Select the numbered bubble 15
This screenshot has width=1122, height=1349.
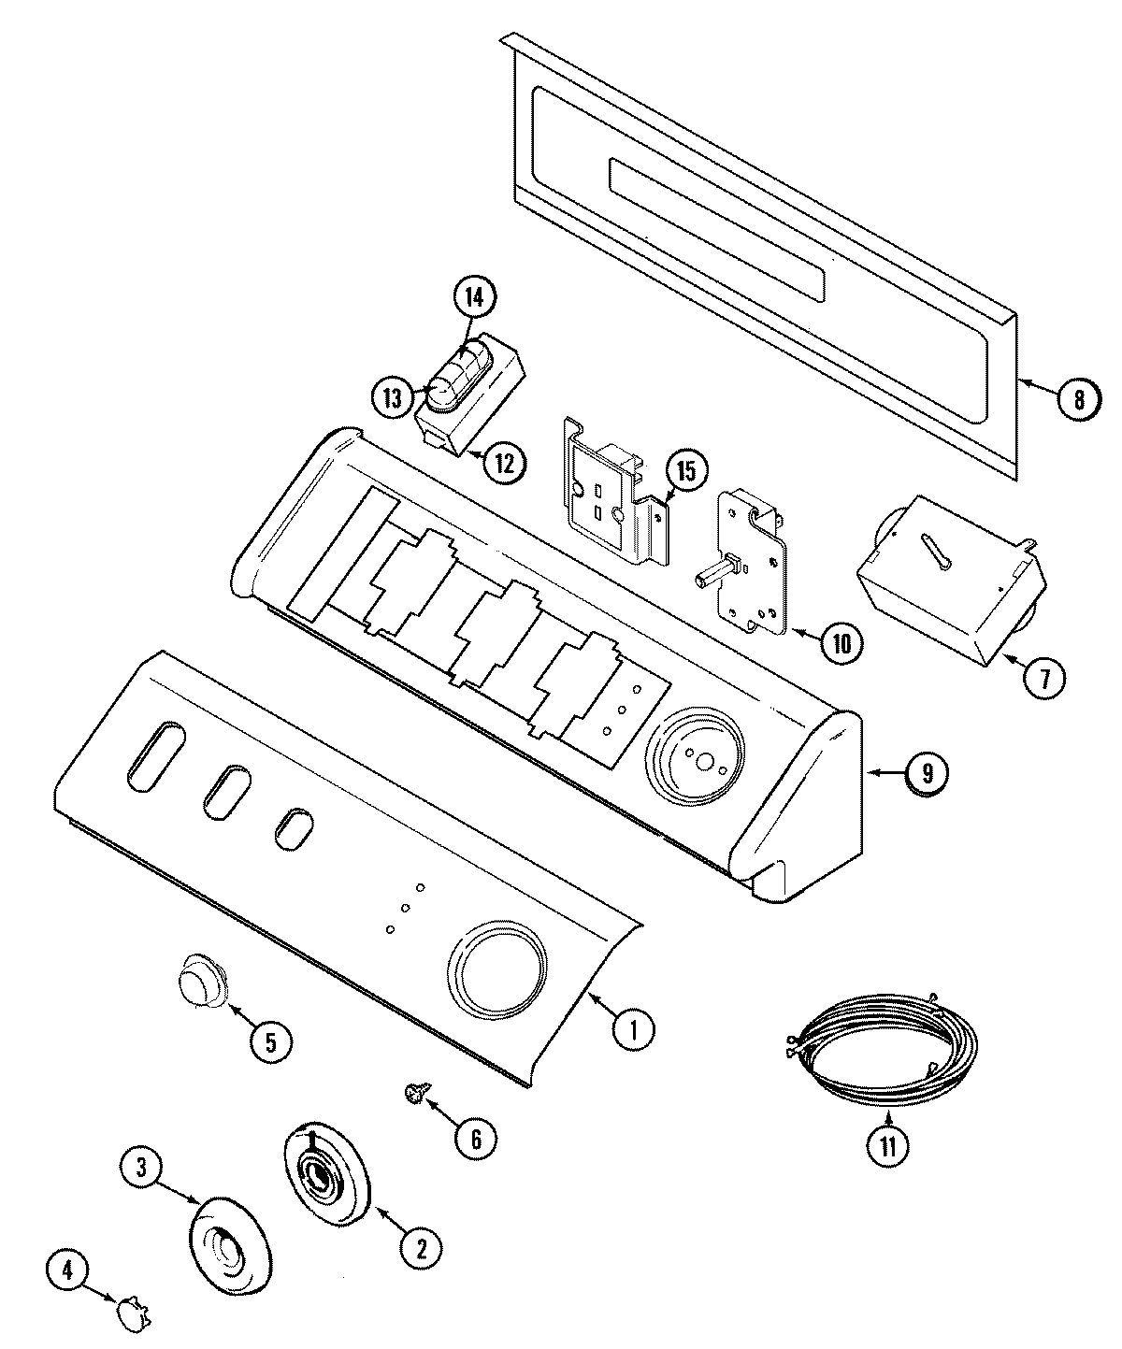click(686, 471)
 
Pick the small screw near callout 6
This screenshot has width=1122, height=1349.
click(412, 1091)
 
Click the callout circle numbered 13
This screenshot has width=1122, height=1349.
click(395, 398)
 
